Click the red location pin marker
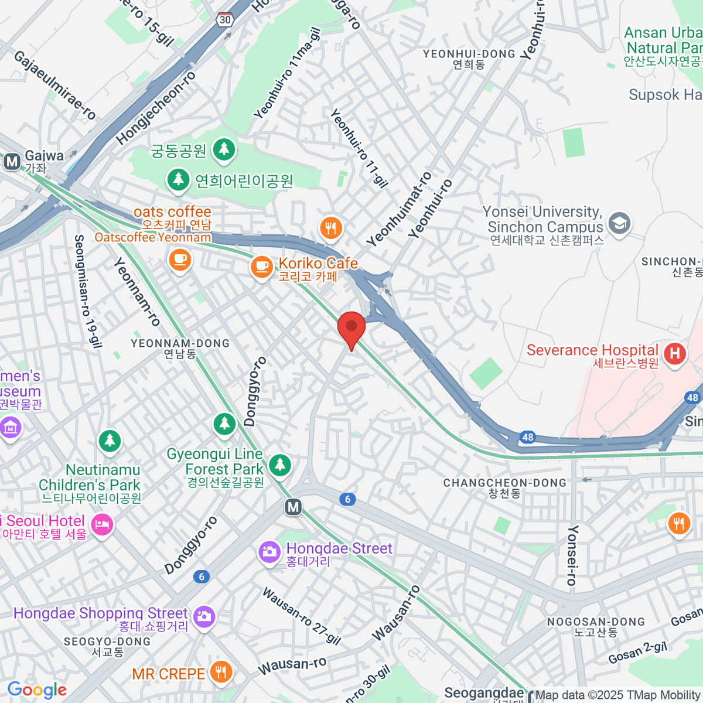pos(351,327)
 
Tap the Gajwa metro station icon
pos(12,161)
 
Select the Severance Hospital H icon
pos(674,354)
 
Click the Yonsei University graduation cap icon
pos(619,223)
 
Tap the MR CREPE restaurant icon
pos(221,673)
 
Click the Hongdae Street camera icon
pos(269,552)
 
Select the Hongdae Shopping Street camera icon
pos(204,617)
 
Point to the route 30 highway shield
pos(225,20)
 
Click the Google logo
pos(37,690)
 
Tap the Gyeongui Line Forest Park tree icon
pos(280,465)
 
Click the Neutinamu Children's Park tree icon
pos(110,441)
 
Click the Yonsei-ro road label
pos(572,555)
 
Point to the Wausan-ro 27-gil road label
pos(301,616)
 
